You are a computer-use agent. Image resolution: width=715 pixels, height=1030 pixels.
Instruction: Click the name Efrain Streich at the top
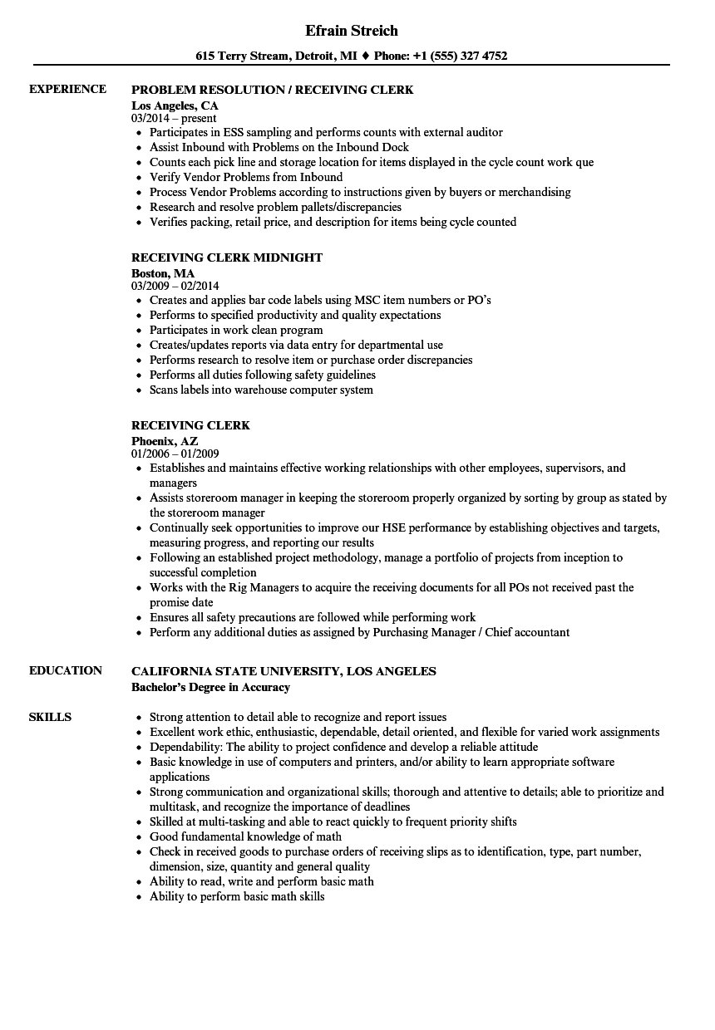(x=352, y=31)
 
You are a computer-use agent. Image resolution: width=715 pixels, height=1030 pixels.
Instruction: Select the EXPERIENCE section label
(x=67, y=89)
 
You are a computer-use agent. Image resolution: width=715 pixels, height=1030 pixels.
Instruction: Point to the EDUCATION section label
(x=66, y=670)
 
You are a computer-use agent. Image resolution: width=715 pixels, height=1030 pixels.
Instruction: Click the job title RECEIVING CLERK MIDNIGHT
(x=227, y=257)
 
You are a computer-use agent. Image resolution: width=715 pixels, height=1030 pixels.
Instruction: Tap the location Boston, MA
(x=163, y=272)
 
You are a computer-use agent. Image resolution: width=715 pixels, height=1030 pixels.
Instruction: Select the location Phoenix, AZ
(x=165, y=440)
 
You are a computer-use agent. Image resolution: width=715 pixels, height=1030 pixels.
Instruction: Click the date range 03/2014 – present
(x=174, y=118)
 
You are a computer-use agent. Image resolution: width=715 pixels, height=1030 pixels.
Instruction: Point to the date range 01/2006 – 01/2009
(x=175, y=454)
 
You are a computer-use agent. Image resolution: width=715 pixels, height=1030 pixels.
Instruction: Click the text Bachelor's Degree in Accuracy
(x=210, y=687)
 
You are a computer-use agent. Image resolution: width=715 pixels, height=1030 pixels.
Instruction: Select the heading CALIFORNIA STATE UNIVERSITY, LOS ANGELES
(x=284, y=671)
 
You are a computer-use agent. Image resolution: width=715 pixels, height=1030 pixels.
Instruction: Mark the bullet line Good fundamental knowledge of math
(x=245, y=836)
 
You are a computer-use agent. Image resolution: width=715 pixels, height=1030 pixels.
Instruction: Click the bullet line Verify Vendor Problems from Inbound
(x=246, y=177)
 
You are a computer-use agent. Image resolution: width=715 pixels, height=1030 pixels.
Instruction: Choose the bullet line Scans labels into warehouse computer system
(x=261, y=390)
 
